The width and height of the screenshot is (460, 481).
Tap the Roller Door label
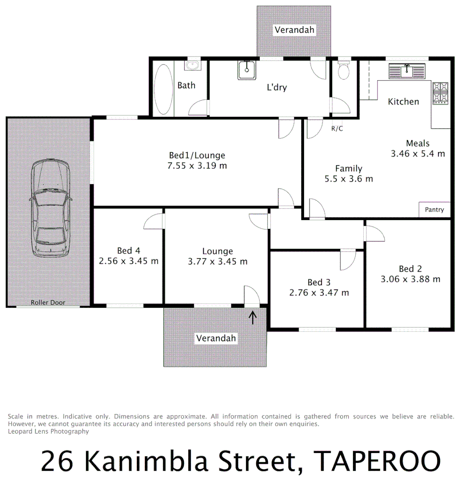coord(48,302)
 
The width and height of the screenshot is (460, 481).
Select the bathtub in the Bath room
coord(162,88)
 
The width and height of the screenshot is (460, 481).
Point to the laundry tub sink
coord(246,70)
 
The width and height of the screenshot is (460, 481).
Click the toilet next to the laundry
coord(344,70)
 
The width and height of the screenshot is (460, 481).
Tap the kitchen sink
coord(407,70)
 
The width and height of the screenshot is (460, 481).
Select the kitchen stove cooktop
coord(440,93)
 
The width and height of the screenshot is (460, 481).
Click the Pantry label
coord(434,209)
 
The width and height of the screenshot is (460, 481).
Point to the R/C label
coord(337,129)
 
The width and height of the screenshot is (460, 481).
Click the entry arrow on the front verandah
coord(252,317)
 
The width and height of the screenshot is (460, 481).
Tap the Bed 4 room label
coord(129,251)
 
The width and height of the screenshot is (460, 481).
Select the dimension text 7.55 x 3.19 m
coord(197,166)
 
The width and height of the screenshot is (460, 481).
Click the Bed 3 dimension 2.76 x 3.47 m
coord(319,293)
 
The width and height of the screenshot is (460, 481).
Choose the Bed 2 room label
coord(410,269)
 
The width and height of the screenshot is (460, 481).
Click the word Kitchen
coord(403,102)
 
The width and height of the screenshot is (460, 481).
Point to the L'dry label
coord(276,87)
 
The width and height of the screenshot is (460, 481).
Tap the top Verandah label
coord(294,30)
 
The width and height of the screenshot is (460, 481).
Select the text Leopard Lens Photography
coord(48,431)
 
